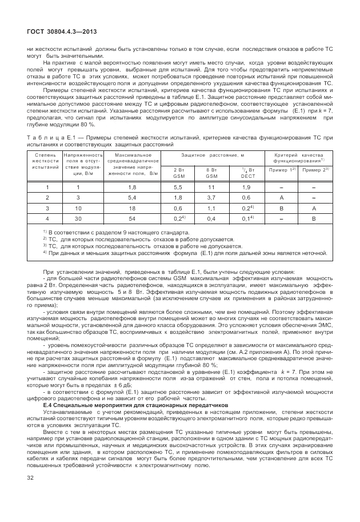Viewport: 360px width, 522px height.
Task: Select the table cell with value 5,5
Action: [x=178, y=188]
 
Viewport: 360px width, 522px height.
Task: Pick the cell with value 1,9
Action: [x=246, y=188]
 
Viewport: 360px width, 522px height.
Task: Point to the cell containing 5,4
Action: [x=133, y=197]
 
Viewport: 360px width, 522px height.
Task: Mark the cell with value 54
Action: [x=133, y=218]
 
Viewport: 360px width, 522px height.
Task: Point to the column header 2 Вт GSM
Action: [x=178, y=173]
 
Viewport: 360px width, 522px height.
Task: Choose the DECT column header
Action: [x=246, y=173]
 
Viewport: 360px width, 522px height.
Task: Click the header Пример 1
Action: [x=282, y=170]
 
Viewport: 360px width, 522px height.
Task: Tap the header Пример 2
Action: [x=314, y=170]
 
